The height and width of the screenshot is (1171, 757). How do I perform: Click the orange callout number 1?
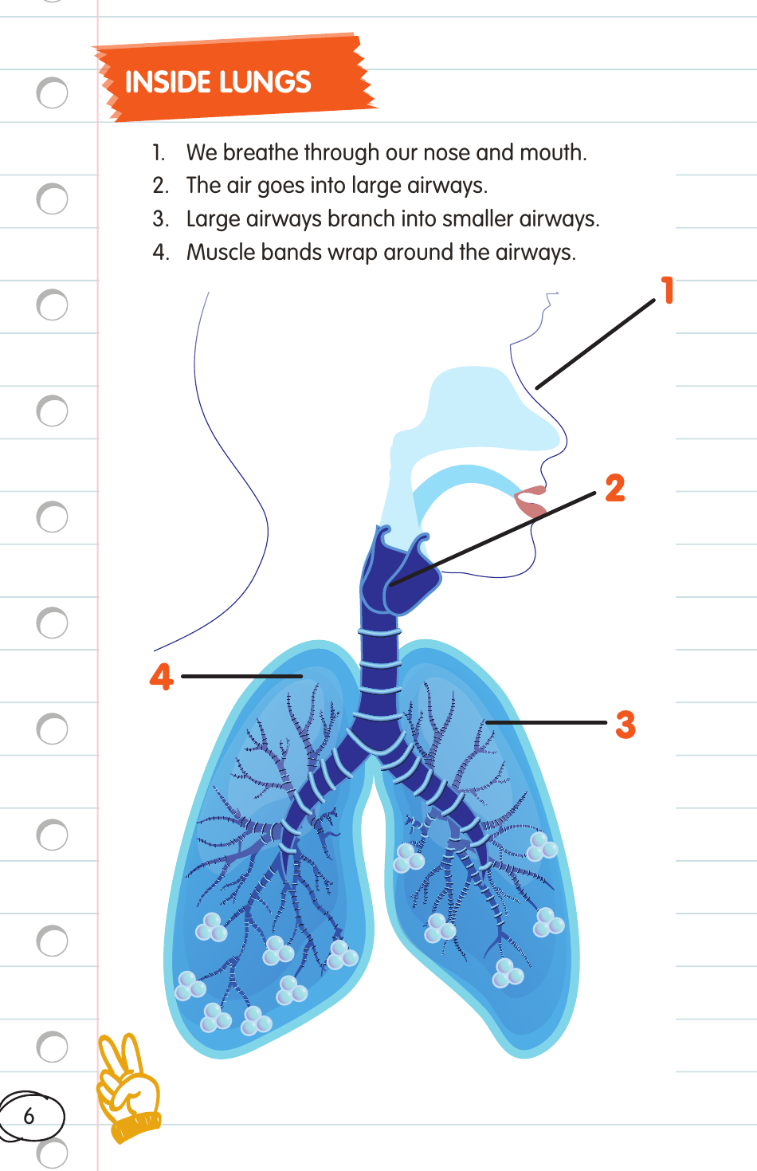tap(668, 290)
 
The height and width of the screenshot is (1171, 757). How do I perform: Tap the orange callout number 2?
tap(614, 488)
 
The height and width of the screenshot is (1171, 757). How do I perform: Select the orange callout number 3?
tap(626, 725)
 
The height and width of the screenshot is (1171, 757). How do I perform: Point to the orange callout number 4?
tap(162, 677)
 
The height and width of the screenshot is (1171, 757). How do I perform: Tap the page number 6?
tap(29, 1116)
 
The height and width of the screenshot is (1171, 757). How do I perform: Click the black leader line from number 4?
tap(241, 676)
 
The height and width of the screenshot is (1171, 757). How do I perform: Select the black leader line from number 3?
tap(547, 722)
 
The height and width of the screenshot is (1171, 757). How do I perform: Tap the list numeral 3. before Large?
tap(160, 218)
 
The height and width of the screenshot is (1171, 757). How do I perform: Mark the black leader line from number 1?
tap(595, 344)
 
